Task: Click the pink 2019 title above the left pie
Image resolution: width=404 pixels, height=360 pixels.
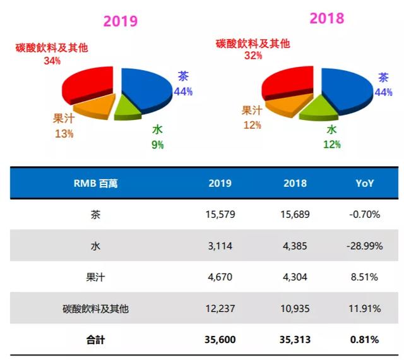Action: [120, 21]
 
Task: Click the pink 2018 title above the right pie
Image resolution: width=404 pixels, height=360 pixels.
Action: [326, 18]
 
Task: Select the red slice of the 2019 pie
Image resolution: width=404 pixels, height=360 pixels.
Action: [88, 84]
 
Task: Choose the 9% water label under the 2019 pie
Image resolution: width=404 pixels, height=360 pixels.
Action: [157, 145]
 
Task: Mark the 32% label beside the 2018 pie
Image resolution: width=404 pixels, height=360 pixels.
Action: [252, 56]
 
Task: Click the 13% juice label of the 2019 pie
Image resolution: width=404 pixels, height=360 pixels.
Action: [64, 133]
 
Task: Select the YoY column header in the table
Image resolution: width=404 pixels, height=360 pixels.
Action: [365, 184]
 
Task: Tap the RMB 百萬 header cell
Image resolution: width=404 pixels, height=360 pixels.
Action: [96, 184]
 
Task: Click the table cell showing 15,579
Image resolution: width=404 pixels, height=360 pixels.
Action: [220, 215]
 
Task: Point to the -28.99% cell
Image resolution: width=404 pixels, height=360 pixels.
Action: [365, 246]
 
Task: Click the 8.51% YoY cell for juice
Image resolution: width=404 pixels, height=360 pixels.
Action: [365, 277]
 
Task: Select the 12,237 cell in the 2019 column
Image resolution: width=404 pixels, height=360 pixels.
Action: [220, 309]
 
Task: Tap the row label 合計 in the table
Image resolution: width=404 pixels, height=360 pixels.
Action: [96, 340]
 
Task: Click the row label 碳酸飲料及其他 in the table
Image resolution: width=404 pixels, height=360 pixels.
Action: [96, 309]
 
